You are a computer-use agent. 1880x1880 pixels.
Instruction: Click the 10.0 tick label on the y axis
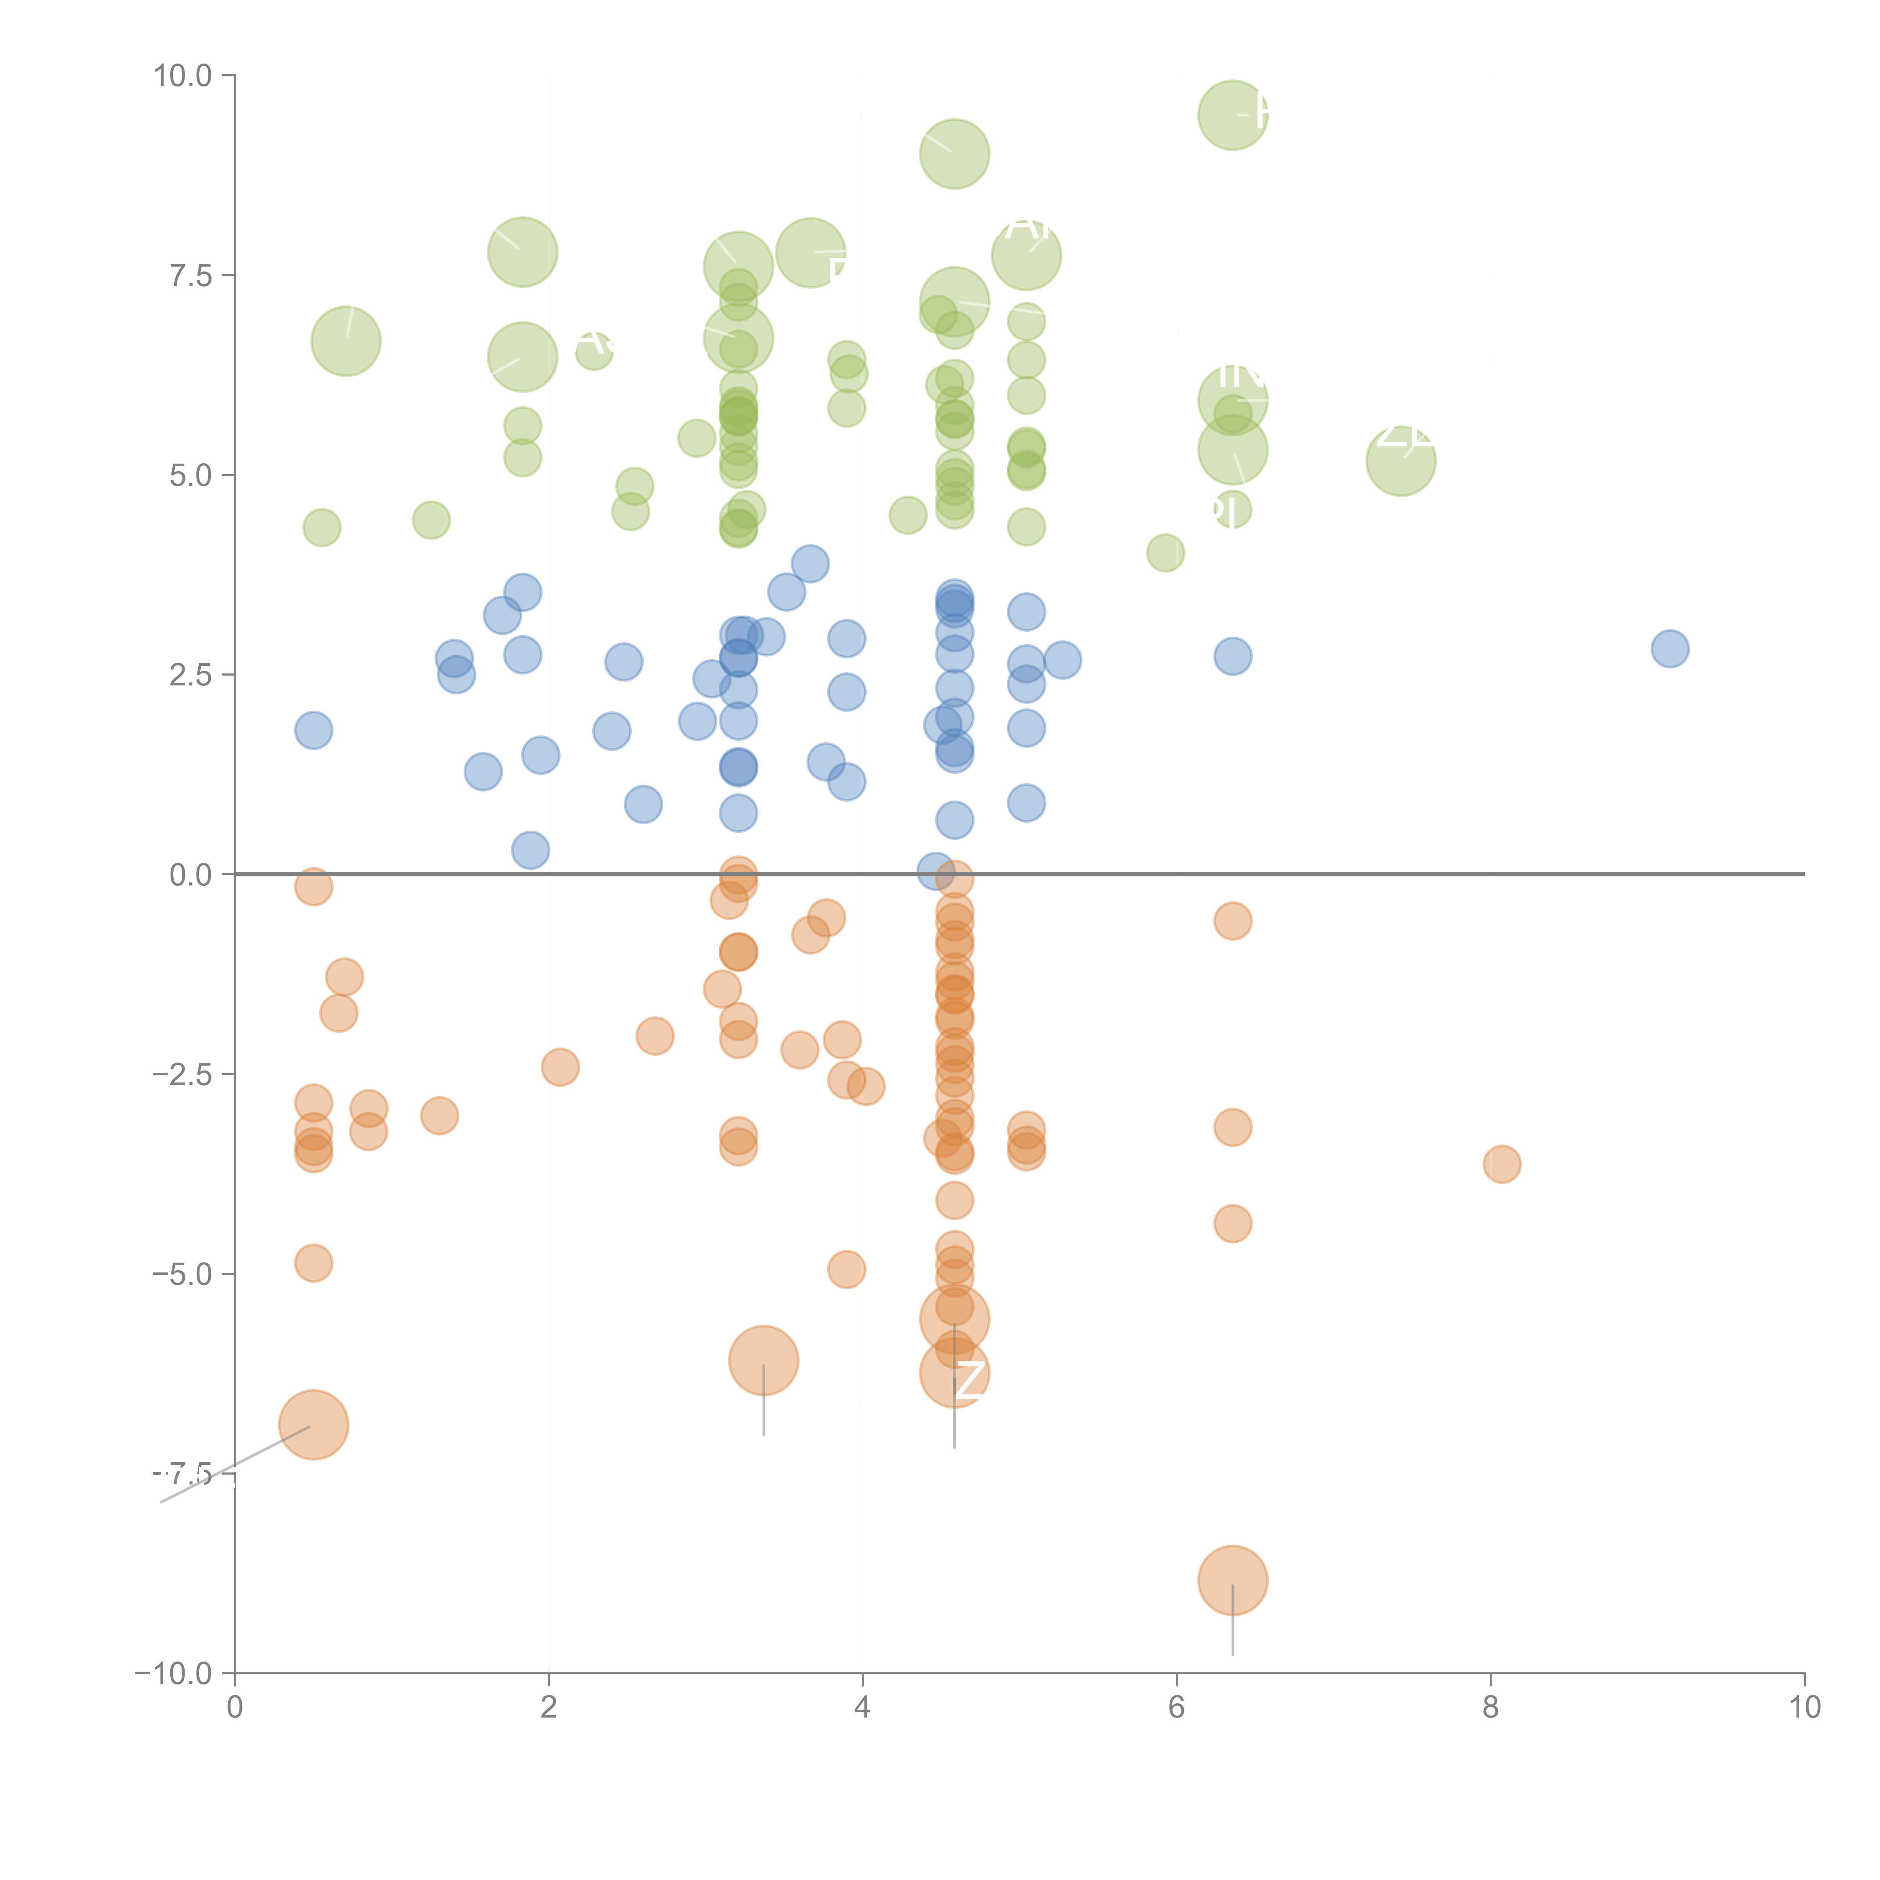[183, 76]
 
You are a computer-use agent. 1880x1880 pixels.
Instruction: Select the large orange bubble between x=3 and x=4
[764, 1360]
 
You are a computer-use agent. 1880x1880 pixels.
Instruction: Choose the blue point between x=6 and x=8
[1233, 657]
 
